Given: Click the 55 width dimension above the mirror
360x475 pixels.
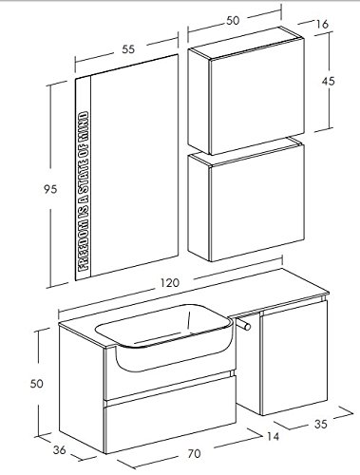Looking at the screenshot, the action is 128,49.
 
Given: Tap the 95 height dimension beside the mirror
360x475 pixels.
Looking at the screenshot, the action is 50,189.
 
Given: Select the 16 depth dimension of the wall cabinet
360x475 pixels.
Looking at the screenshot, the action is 322,24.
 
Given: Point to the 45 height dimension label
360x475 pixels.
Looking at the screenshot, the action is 328,82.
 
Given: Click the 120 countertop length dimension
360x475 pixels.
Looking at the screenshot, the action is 169,282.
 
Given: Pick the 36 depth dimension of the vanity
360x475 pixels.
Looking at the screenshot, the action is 59,449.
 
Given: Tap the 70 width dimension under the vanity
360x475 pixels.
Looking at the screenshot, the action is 194,454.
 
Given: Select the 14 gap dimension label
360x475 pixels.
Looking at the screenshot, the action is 273,436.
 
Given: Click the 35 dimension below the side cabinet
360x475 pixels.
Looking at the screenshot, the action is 321,424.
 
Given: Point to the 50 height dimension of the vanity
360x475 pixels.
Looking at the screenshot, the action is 37,384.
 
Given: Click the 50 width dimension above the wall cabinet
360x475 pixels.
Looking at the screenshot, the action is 233,21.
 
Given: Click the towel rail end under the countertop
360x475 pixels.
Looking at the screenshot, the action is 247,326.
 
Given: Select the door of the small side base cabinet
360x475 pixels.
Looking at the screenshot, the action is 294,357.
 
